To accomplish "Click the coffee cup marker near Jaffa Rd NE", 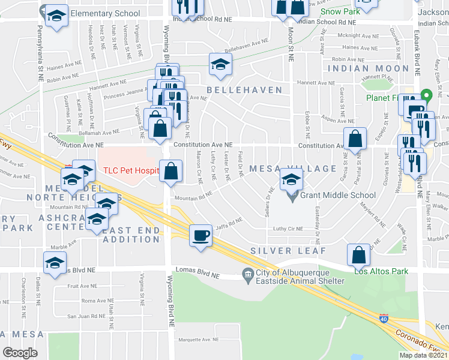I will click(x=201, y=235).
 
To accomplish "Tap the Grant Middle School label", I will click(x=339, y=195).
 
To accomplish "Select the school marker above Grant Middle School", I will click(x=291, y=179).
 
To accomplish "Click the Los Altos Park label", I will click(x=381, y=271).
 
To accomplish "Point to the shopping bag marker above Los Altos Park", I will click(x=358, y=254).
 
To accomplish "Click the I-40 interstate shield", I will click(x=384, y=317).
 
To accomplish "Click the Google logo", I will click(x=20, y=353).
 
